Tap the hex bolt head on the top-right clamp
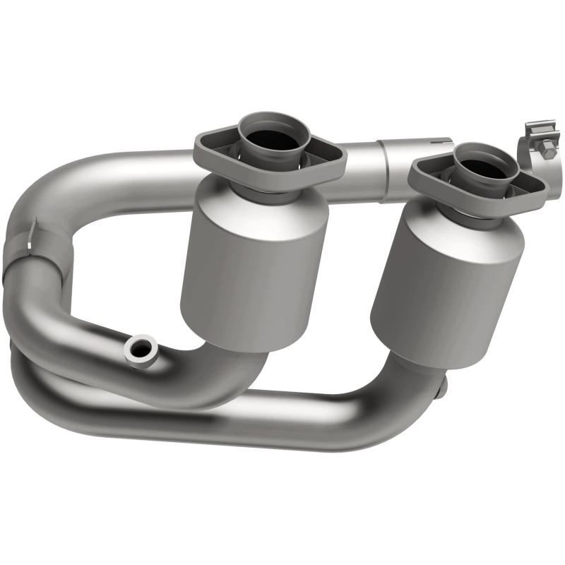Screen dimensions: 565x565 point(548,150)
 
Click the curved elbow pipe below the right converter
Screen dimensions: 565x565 point(395,395)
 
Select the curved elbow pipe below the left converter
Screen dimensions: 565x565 point(233,374)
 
